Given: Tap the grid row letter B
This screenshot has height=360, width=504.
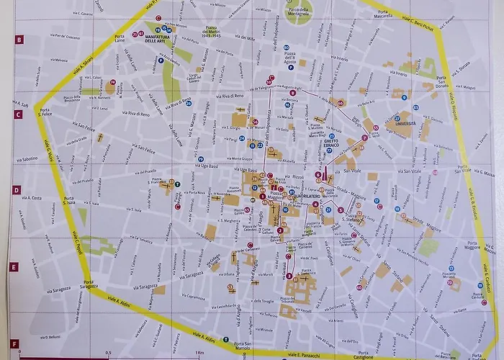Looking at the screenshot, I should pyautogui.click(x=18, y=40).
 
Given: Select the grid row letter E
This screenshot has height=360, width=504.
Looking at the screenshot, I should pyautogui.click(x=14, y=267).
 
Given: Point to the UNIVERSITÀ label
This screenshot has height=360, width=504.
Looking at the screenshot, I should pyautogui.click(x=405, y=125).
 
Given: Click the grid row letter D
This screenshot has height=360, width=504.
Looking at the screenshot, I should pyautogui.click(x=16, y=191).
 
